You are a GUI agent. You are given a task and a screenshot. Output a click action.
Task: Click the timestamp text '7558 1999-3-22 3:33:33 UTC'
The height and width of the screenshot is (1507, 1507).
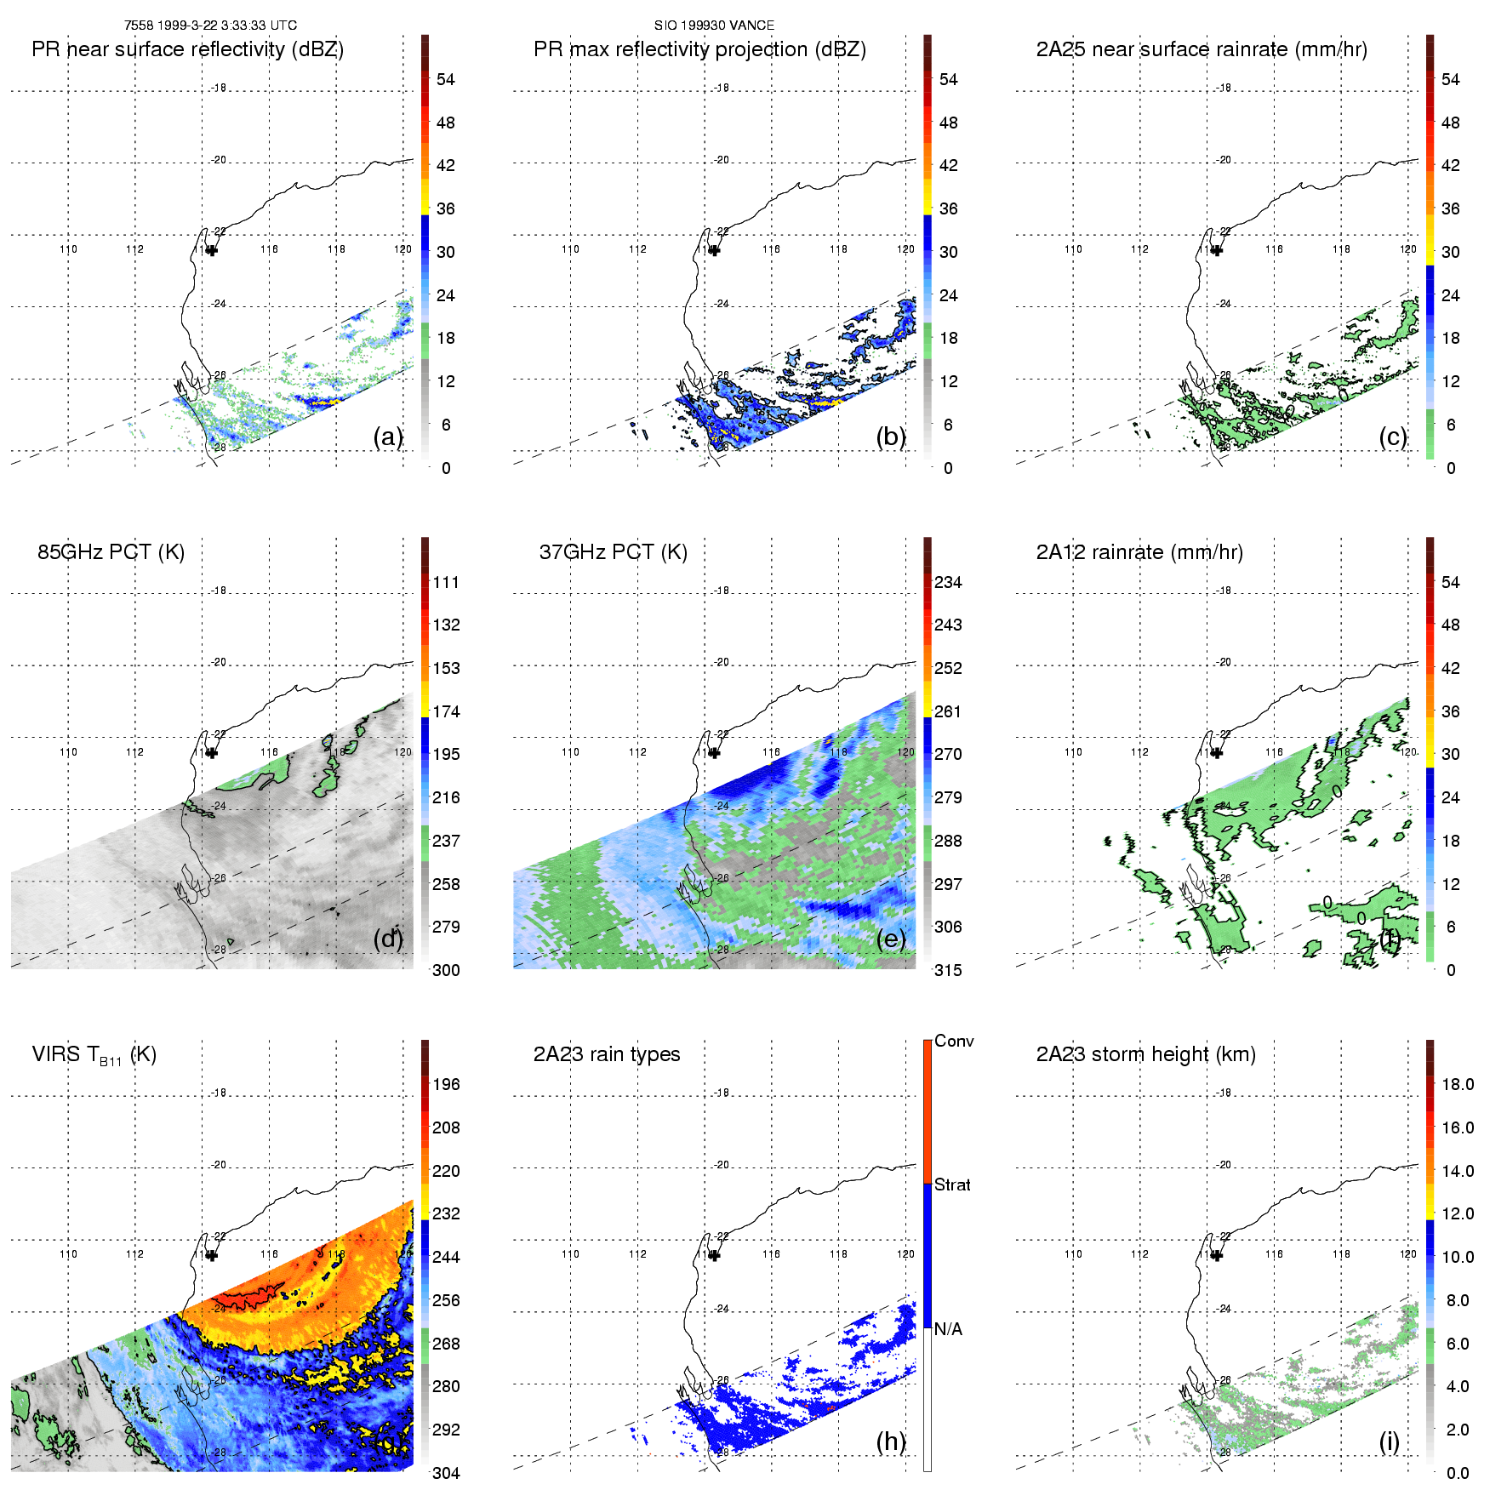pyautogui.click(x=210, y=26)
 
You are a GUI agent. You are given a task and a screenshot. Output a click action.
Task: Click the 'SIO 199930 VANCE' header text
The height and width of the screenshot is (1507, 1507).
pyautogui.click(x=714, y=26)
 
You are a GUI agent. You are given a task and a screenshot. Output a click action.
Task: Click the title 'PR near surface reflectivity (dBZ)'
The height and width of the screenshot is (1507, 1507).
pyautogui.click(x=187, y=49)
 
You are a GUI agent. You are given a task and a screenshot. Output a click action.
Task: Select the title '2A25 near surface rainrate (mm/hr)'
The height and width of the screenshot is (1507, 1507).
pyautogui.click(x=1202, y=49)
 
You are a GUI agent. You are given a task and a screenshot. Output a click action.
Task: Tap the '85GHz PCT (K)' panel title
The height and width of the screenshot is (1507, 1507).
pyautogui.click(x=111, y=552)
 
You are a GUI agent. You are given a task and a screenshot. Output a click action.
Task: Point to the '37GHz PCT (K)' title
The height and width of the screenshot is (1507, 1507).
pyautogui.click(x=613, y=552)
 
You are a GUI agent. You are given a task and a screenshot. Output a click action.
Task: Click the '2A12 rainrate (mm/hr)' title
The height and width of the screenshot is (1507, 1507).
pyautogui.click(x=1139, y=552)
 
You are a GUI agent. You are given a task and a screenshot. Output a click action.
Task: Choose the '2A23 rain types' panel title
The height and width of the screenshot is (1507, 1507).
pyautogui.click(x=607, y=1054)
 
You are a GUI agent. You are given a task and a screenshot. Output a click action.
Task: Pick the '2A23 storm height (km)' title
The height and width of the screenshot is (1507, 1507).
pyautogui.click(x=1145, y=1054)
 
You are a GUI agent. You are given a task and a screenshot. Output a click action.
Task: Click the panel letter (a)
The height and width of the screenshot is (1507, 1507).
pyautogui.click(x=388, y=437)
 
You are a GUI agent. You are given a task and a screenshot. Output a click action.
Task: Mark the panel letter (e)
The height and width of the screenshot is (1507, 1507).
pyautogui.click(x=891, y=939)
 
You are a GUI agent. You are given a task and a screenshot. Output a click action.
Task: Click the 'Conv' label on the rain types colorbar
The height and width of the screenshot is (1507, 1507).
pyautogui.click(x=954, y=1041)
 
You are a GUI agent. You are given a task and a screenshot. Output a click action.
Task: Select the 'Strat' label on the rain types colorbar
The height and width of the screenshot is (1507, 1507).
pyautogui.click(x=952, y=1184)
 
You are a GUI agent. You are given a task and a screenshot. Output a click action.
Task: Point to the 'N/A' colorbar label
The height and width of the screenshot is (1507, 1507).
pyautogui.click(x=948, y=1329)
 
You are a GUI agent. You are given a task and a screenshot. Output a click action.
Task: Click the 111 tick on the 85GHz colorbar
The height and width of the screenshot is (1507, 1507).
pyautogui.click(x=446, y=582)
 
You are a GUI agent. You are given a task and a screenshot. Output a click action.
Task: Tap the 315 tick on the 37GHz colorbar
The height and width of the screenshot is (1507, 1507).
pyautogui.click(x=948, y=970)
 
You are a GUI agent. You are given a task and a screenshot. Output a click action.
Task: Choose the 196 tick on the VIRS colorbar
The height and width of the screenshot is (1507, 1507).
pyautogui.click(x=446, y=1084)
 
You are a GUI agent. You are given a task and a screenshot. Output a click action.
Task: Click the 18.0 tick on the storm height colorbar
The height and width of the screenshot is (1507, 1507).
pyautogui.click(x=1457, y=1084)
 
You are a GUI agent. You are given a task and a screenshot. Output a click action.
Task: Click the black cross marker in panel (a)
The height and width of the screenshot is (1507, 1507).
pyautogui.click(x=212, y=250)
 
